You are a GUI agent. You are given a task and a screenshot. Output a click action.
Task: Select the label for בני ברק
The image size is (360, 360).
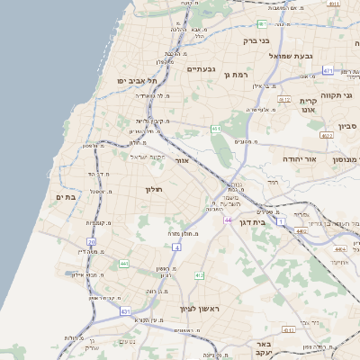click(256, 40)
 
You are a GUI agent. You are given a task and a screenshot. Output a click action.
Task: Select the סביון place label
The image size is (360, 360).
click(347, 126)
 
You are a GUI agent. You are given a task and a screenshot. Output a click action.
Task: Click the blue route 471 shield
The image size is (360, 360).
click(328, 70)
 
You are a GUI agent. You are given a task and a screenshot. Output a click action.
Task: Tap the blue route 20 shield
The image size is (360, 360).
click(91, 241)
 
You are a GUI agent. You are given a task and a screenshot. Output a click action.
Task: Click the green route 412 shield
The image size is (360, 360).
click(199, 275)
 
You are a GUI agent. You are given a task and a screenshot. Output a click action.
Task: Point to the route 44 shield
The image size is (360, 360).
click(229, 219)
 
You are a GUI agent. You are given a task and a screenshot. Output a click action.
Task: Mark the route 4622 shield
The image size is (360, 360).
click(326, 135)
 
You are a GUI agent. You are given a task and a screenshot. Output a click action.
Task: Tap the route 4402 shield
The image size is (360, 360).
click(300, 231)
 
